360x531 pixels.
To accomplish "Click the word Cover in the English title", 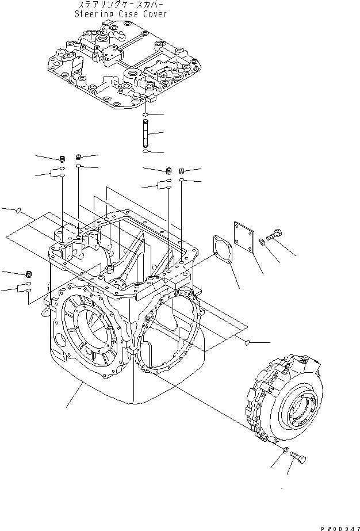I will click(155, 14).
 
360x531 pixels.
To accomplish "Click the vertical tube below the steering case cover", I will click(147, 134).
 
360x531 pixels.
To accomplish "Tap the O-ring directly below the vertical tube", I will click(147, 152).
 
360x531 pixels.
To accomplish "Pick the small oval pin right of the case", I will click(247, 343).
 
